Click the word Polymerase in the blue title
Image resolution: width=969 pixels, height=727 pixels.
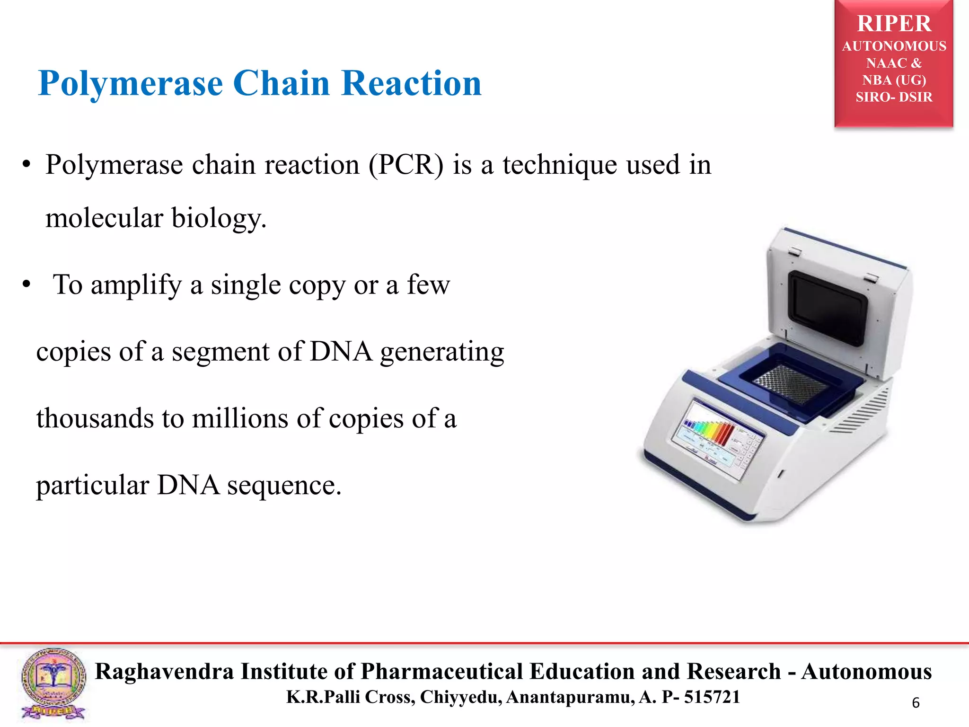130,84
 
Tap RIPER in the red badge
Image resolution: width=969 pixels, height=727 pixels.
894,24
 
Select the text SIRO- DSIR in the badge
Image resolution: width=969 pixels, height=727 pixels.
894,97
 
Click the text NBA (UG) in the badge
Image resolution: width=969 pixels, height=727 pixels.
894,80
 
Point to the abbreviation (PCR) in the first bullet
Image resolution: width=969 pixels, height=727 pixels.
406,165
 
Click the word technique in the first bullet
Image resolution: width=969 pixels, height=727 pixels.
560,165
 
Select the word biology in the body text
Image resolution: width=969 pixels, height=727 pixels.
218,218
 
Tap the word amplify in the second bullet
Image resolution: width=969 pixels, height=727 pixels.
136,285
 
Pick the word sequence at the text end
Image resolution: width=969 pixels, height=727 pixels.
283,486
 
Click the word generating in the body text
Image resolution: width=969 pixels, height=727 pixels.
442,352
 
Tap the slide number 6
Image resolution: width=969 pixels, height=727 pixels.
916,703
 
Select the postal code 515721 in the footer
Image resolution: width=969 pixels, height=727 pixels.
712,697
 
